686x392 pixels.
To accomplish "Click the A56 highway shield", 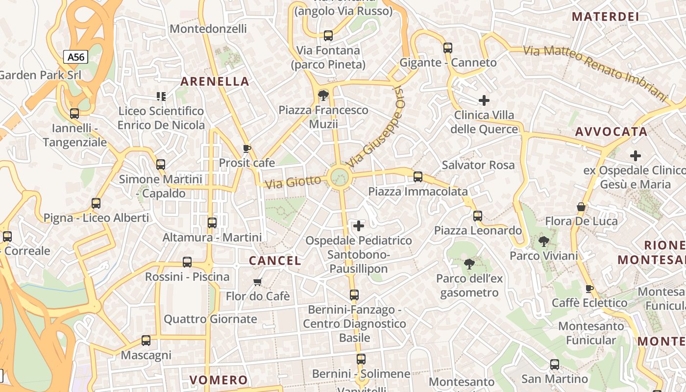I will (x=76, y=57).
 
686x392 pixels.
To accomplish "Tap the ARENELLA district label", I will (x=215, y=81).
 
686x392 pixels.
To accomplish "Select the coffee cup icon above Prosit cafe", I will (x=247, y=148).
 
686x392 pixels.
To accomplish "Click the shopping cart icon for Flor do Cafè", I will (x=258, y=282).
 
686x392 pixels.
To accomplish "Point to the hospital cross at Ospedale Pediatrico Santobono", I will (x=359, y=226).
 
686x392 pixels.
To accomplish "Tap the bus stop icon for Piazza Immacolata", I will (x=418, y=177).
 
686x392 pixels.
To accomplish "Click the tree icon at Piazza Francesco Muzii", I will (x=323, y=95).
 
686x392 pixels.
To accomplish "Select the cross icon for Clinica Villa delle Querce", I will (x=484, y=100).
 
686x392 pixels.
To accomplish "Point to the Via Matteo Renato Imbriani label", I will (x=595, y=73).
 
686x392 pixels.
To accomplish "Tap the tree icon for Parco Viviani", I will (x=543, y=241).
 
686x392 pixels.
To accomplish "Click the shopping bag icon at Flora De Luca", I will (x=581, y=207).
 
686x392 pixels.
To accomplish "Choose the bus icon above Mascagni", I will (x=146, y=341).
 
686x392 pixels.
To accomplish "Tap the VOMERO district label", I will (x=219, y=380).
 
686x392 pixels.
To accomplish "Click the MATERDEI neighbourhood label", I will (x=606, y=17).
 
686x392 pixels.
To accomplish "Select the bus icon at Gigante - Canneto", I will (x=448, y=48).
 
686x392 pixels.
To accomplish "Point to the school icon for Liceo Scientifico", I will (x=161, y=97).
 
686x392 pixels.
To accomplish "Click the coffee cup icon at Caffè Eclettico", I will (x=589, y=289).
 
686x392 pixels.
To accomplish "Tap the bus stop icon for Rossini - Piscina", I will (x=187, y=262).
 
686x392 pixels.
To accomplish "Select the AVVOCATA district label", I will (x=612, y=131).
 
